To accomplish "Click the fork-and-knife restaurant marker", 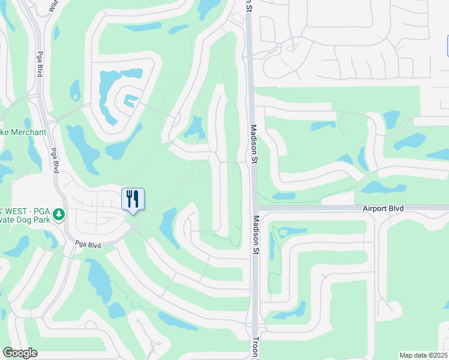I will coord(133,199).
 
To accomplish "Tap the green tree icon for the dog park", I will coord(58,214).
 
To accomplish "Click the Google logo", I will coord(20,353).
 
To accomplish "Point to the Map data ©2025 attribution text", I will coord(423,355).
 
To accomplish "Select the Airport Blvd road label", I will coord(383,208).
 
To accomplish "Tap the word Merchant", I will coord(26,132).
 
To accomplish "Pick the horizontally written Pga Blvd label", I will coord(88,244).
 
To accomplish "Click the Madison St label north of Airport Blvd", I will coord(254,144).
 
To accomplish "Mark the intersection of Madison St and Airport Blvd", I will coord(255,208).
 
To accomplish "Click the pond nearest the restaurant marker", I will coord(170,227).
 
